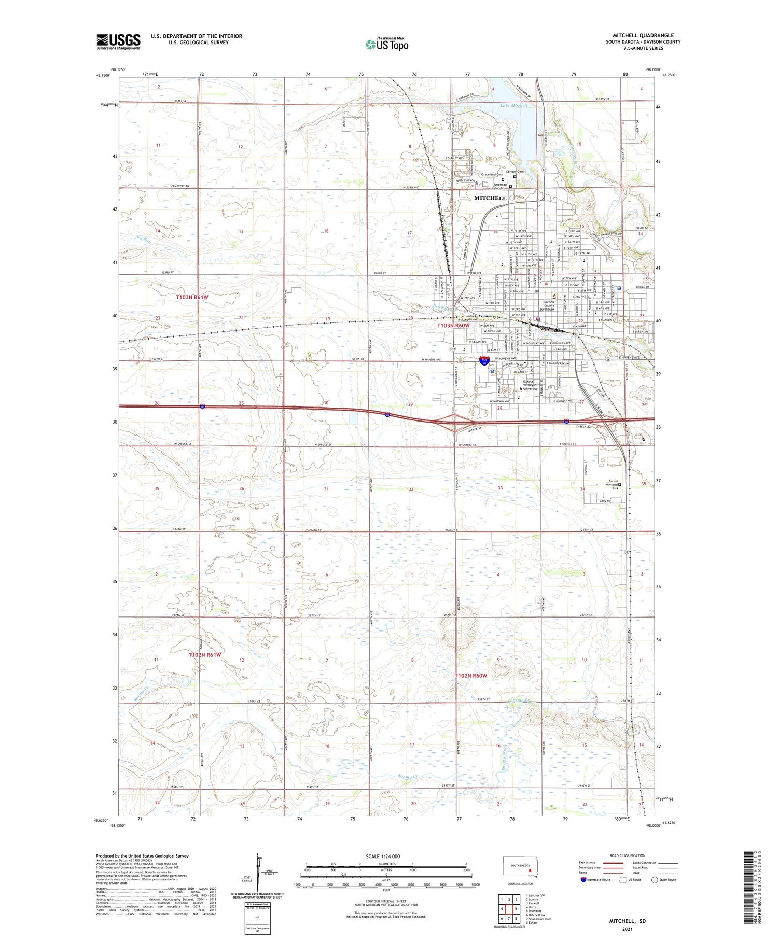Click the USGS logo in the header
point(118,41)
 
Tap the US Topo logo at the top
point(387,45)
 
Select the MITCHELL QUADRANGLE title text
point(643,36)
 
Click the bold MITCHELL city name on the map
point(490,198)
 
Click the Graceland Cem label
point(492,174)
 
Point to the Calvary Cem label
point(515,172)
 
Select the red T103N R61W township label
point(191,297)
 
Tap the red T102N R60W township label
point(470,675)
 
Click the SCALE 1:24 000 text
point(383,856)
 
